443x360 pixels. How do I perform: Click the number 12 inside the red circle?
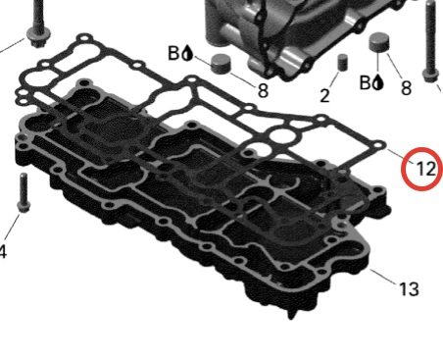[426, 170]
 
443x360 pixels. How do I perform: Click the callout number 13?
[409, 289]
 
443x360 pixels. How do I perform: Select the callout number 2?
[324, 96]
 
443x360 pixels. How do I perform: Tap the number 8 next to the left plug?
[263, 90]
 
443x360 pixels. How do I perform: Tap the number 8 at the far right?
[406, 87]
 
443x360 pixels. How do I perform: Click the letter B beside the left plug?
[173, 53]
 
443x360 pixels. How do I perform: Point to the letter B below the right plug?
[366, 82]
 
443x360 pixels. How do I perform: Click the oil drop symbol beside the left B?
[187, 53]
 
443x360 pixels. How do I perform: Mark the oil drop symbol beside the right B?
[377, 82]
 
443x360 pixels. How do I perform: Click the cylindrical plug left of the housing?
[221, 64]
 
